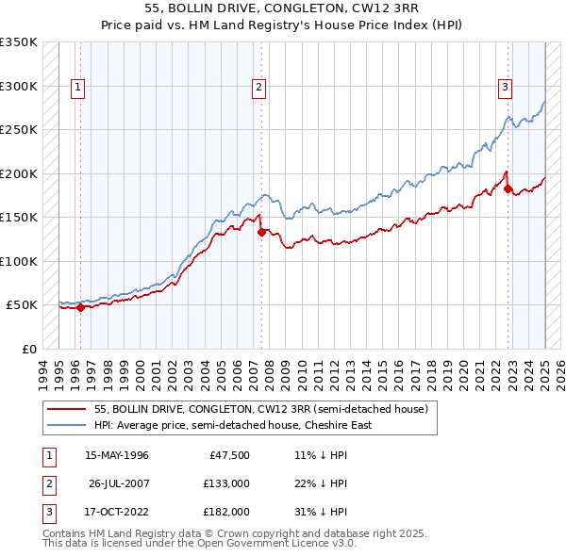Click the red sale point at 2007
click(x=260, y=231)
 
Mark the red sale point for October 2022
click(x=508, y=189)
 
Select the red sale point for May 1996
click(x=80, y=306)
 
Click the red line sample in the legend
click(x=67, y=410)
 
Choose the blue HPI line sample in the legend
click(x=67, y=425)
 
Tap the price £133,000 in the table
click(x=226, y=483)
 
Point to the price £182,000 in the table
click(x=226, y=512)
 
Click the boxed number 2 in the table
click(x=46, y=483)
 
